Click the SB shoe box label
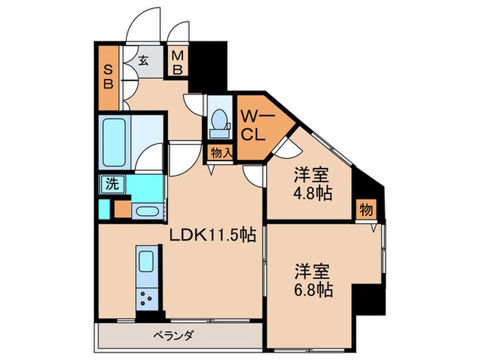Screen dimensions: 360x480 108,77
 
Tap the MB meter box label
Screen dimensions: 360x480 177,62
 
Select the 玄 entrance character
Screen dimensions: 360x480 144,60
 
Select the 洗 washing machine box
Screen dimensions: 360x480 110,183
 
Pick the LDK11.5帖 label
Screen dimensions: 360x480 213,235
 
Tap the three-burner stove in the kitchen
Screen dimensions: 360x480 147,297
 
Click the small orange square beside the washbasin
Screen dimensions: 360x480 121,210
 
